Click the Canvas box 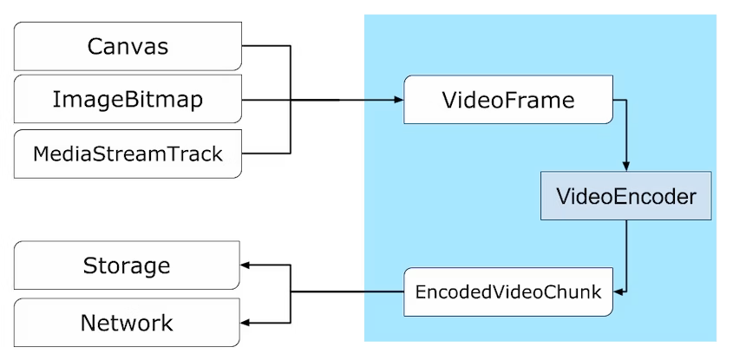click(127, 46)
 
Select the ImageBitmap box click(127, 99)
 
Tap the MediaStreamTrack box click(127, 154)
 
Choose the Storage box click(127, 265)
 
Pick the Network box click(127, 323)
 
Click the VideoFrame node click(508, 100)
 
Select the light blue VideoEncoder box click(626, 196)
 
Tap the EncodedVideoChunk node click(508, 292)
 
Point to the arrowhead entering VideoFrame click(399, 100)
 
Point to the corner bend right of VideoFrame click(626, 100)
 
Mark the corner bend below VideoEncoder click(626, 292)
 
